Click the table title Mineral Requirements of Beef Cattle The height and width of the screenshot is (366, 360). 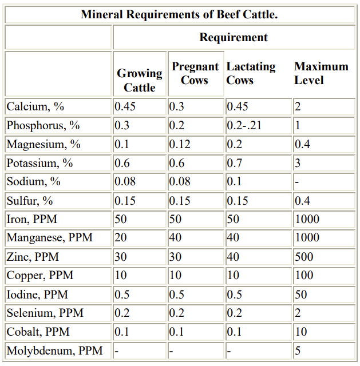click(x=179, y=14)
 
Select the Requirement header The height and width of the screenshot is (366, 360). click(x=233, y=38)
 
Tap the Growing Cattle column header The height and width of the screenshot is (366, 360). click(x=140, y=80)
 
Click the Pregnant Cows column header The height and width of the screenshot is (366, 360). click(x=195, y=73)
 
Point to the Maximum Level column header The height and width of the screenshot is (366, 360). click(x=321, y=73)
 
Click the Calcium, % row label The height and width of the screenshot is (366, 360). click(x=35, y=107)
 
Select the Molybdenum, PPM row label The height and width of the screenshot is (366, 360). click(x=50, y=350)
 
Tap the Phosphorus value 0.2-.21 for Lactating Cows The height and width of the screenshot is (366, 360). click(x=244, y=126)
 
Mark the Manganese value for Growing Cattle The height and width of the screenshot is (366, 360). click(x=121, y=238)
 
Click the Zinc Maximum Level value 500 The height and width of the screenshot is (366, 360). click(x=304, y=257)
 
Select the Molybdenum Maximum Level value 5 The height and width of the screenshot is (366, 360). click(x=298, y=350)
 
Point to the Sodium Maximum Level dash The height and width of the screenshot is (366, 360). click(x=296, y=182)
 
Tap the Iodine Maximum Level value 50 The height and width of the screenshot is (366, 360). click(x=301, y=295)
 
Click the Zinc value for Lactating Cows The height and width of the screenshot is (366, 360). click(x=234, y=257)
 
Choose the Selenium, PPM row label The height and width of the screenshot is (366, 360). click(x=45, y=313)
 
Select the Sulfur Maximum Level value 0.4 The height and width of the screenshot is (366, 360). click(x=302, y=201)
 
